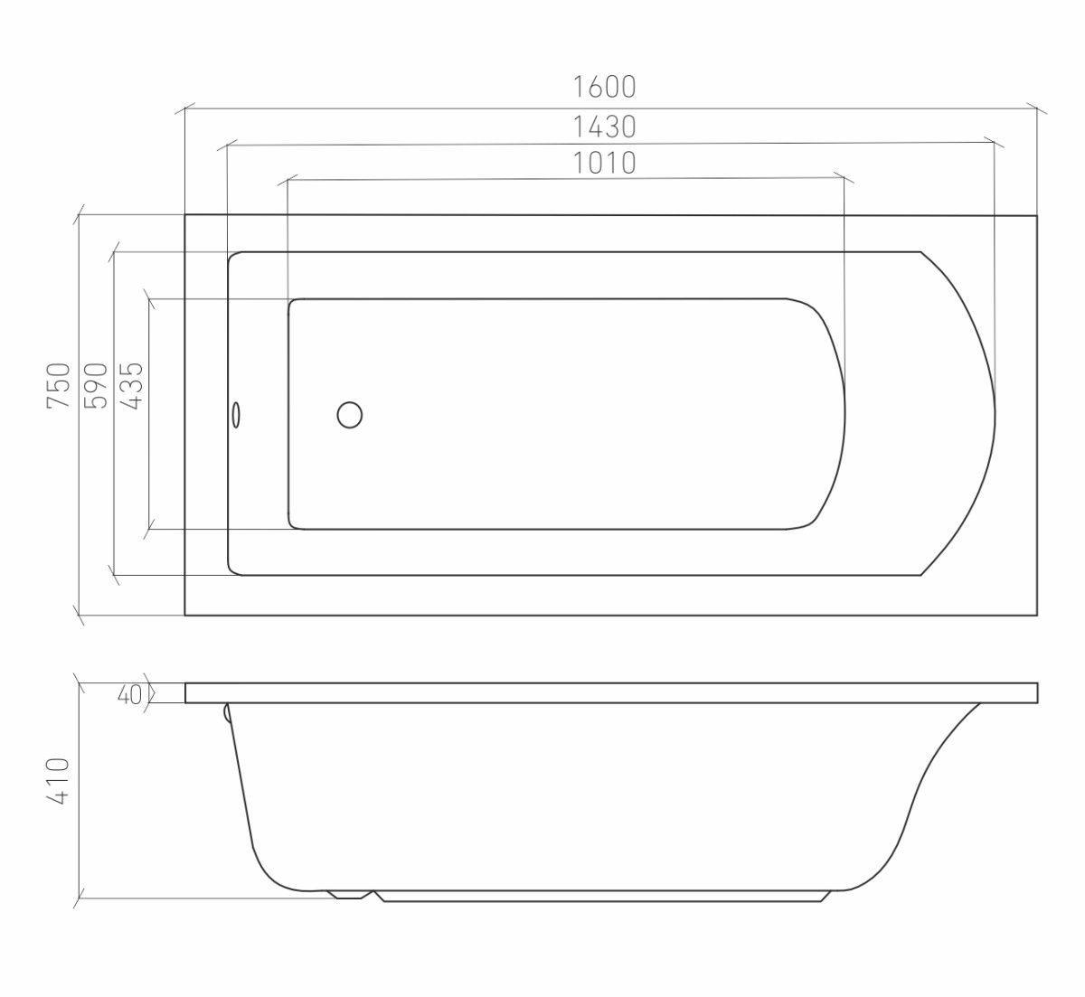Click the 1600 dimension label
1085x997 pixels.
(x=604, y=87)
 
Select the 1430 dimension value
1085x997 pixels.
(x=604, y=127)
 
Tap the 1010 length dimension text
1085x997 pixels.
(x=604, y=163)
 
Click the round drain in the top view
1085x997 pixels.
(x=349, y=415)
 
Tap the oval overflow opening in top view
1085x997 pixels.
(x=236, y=415)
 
